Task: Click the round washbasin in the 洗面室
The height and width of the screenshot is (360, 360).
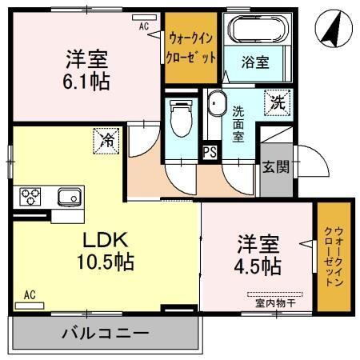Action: [216, 106]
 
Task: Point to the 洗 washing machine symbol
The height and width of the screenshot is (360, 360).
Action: [276, 102]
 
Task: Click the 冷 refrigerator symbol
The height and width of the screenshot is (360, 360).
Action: [106, 141]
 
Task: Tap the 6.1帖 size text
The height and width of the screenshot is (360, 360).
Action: [87, 81]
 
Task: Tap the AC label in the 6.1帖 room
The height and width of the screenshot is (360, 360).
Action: [144, 26]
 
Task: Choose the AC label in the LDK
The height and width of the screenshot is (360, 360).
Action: [30, 295]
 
